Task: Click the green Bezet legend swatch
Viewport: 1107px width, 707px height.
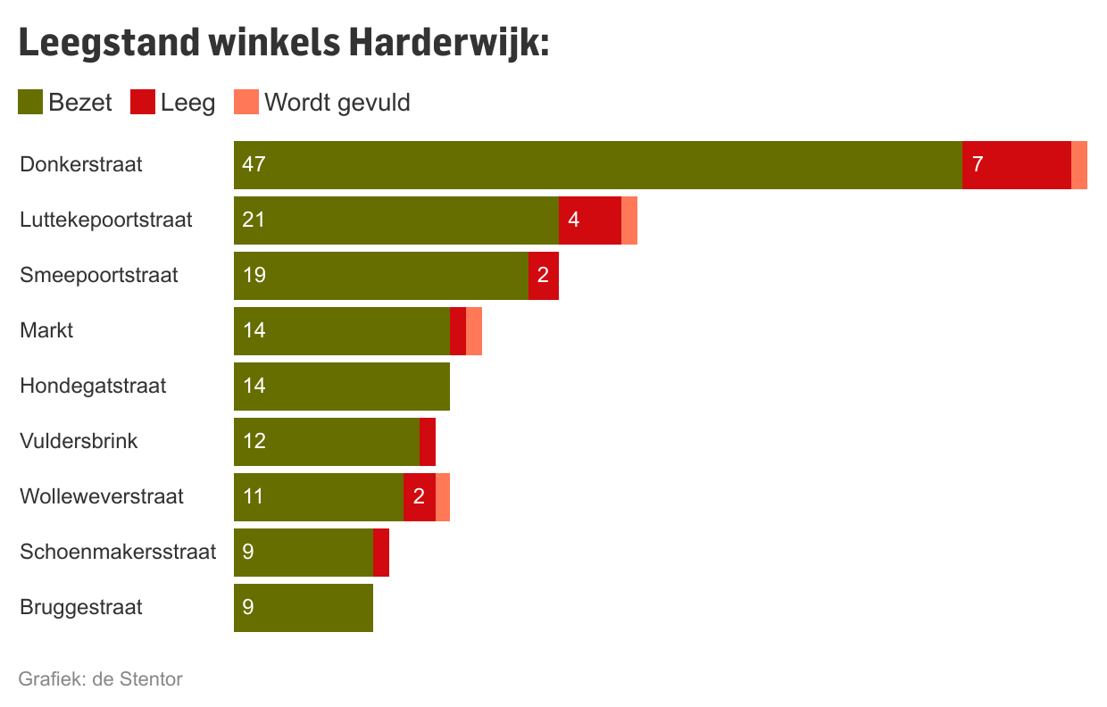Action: (30, 103)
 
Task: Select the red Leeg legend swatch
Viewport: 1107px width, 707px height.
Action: (143, 103)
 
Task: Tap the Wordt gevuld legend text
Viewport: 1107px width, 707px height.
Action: (337, 103)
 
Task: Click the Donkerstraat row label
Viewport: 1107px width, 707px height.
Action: (82, 164)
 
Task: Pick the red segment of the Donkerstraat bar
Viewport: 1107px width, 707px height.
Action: (1016, 164)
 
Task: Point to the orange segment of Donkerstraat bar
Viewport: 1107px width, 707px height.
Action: (1079, 164)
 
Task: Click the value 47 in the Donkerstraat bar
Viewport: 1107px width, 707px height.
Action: (254, 164)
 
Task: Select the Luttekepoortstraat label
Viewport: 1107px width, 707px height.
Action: (106, 220)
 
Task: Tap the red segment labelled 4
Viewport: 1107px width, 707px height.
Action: (589, 220)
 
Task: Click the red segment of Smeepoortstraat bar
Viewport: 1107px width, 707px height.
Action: (543, 275)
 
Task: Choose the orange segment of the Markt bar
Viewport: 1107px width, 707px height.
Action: (474, 330)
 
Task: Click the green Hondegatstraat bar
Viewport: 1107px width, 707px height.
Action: (342, 386)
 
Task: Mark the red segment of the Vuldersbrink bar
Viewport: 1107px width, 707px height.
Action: (428, 441)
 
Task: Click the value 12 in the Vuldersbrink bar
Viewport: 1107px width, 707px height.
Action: (254, 441)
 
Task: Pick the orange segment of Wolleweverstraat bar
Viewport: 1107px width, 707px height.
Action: (443, 496)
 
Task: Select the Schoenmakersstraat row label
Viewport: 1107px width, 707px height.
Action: (118, 552)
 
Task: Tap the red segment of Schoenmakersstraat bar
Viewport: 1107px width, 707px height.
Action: (381, 552)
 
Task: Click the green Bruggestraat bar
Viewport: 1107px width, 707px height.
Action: (304, 607)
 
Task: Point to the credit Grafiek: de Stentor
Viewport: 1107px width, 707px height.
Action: (100, 679)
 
